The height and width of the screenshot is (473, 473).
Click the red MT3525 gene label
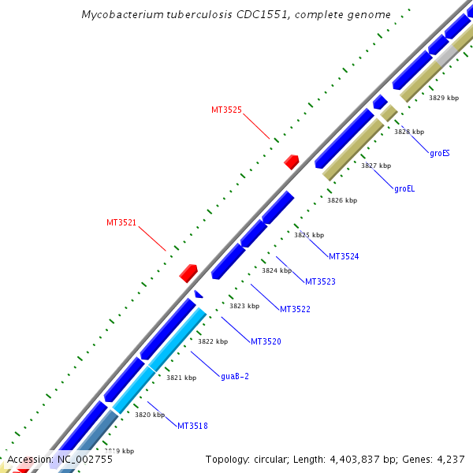tap(226, 110)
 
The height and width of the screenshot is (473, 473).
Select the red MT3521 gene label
tap(121, 223)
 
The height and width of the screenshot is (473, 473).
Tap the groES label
tap(440, 153)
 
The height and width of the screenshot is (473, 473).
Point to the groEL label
tap(404, 188)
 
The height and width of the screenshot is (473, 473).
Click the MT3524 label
tap(344, 257)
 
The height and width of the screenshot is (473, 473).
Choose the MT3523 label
tap(320, 282)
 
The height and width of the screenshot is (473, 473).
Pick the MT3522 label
tap(295, 309)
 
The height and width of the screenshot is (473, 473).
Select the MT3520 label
tap(266, 341)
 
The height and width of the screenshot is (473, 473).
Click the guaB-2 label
tap(235, 377)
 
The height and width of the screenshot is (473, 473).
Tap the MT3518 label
tap(192, 426)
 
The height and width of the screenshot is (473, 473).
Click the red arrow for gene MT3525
tap(292, 162)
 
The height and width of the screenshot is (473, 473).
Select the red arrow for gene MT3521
tap(188, 273)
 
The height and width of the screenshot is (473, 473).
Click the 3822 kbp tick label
tap(212, 342)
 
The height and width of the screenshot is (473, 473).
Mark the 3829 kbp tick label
tap(444, 99)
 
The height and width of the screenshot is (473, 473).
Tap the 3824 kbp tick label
tap(277, 270)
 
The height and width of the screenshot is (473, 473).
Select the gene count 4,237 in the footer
tap(448, 460)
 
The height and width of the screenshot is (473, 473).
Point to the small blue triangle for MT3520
tap(199, 295)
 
